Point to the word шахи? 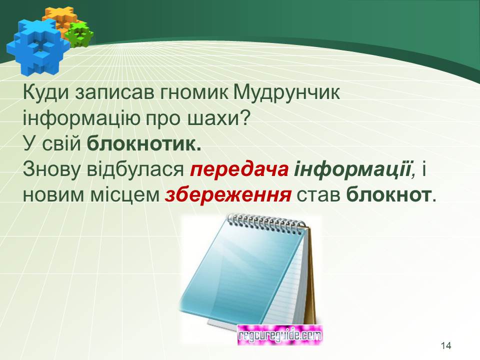point(217,118)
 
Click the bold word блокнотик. point(144,143)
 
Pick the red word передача point(239,170)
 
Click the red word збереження point(228,195)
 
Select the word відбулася point(135,169)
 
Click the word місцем point(125,195)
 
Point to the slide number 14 point(446,345)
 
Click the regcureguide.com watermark point(280,335)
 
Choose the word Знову point(52,170)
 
